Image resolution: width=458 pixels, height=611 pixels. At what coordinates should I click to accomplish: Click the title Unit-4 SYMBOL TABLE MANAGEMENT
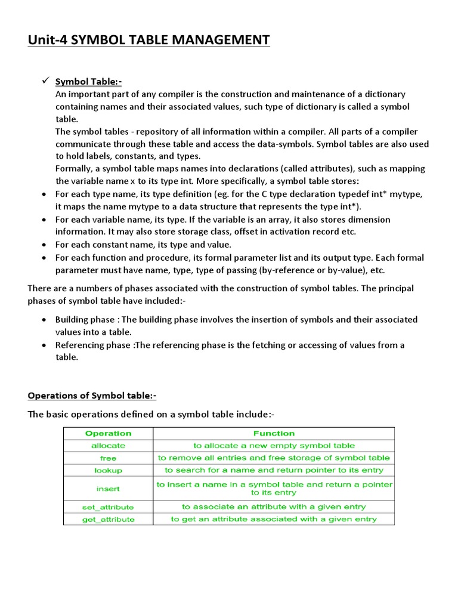pyautogui.click(x=148, y=40)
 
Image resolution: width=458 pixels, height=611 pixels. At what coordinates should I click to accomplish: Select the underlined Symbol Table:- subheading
pyautogui.click(x=88, y=82)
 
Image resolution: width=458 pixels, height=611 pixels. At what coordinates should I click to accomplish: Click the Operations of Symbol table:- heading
pyautogui.click(x=92, y=396)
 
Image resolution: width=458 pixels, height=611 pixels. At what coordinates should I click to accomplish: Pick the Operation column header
pyautogui.click(x=108, y=433)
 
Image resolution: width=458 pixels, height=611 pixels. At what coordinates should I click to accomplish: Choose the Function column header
pyautogui.click(x=274, y=433)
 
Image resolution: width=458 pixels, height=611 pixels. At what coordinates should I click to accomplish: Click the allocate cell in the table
pyautogui.click(x=108, y=446)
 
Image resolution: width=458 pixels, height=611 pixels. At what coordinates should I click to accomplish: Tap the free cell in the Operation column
pyautogui.click(x=108, y=458)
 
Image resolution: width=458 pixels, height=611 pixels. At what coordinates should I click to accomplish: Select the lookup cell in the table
pyautogui.click(x=108, y=471)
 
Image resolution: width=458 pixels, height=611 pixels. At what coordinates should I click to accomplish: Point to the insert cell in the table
pyautogui.click(x=108, y=489)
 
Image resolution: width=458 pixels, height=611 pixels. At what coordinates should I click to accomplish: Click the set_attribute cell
pyautogui.click(x=108, y=507)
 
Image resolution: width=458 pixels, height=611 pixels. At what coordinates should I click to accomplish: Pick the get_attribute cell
pyautogui.click(x=108, y=519)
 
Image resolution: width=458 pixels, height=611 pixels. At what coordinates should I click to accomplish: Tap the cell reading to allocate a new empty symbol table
pyautogui.click(x=274, y=446)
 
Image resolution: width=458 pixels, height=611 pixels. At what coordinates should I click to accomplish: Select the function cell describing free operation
pyautogui.click(x=274, y=458)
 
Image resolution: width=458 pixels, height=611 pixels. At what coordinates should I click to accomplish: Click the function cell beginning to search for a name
pyautogui.click(x=274, y=471)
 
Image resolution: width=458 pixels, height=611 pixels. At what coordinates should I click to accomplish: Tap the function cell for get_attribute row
pyautogui.click(x=274, y=519)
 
